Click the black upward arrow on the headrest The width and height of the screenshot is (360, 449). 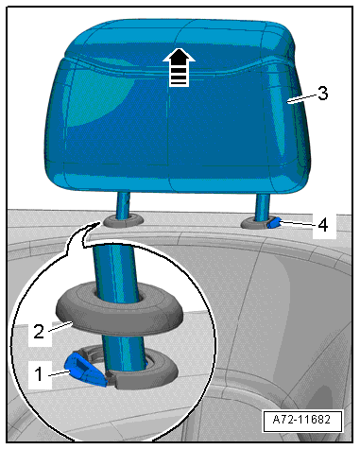(179, 67)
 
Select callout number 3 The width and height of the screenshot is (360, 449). (322, 94)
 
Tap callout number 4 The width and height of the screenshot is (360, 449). (323, 226)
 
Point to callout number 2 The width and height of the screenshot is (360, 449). (39, 332)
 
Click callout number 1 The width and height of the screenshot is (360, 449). (39, 374)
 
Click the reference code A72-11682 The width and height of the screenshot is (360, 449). (301, 420)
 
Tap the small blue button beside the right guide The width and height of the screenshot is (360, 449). (273, 223)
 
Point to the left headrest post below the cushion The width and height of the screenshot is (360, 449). (124, 205)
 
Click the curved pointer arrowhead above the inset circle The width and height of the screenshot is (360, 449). (95, 225)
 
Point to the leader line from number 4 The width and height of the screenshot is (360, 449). (298, 224)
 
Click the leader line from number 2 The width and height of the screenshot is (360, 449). (60, 326)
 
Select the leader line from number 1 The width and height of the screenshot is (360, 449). (60, 373)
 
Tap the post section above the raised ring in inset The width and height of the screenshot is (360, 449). (115, 268)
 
